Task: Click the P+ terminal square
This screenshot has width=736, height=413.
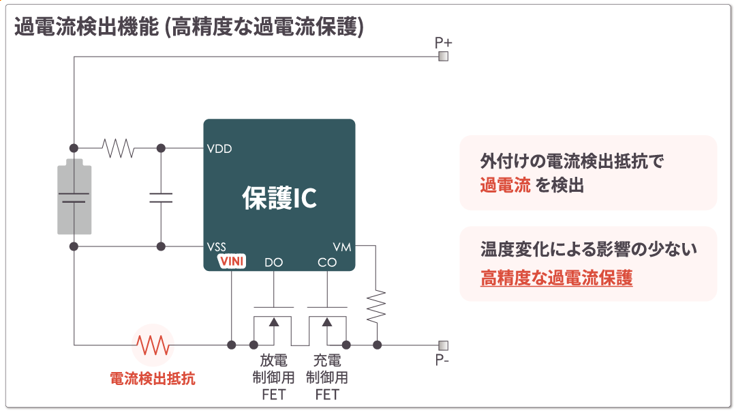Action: [443, 56]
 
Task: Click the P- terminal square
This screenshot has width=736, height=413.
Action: [443, 345]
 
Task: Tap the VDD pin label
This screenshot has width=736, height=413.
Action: [219, 148]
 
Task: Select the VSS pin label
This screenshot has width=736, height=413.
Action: [217, 246]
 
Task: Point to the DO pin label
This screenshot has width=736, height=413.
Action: [273, 262]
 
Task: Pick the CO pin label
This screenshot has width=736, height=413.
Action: [327, 262]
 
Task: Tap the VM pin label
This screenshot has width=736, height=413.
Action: [342, 246]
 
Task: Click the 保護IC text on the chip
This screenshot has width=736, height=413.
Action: [279, 197]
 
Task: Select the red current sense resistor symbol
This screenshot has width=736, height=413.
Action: [153, 345]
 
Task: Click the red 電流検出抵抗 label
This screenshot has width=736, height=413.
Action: [153, 378]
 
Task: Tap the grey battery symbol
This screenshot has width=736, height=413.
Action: [74, 197]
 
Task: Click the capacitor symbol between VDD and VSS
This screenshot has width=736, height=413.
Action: [161, 197]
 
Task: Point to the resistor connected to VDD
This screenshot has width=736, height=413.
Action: [117, 148]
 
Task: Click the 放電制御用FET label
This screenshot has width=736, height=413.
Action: [273, 377]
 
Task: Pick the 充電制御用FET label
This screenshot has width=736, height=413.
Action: [327, 377]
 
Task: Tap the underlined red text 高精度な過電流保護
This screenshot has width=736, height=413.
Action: [556, 278]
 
